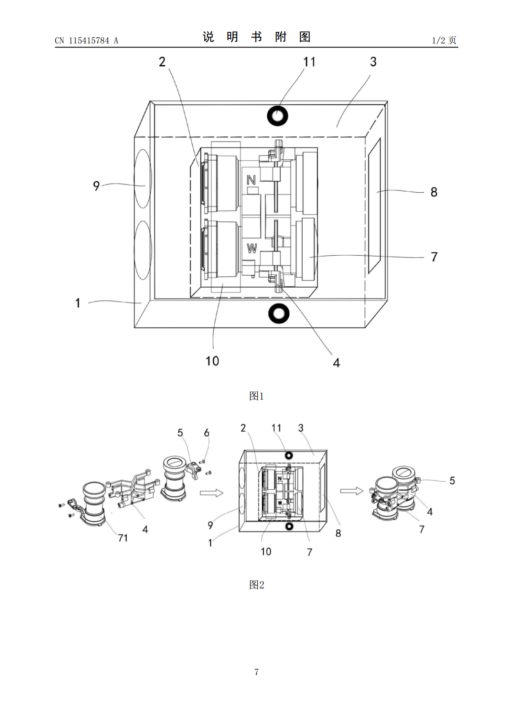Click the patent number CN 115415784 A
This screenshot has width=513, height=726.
[x=87, y=41]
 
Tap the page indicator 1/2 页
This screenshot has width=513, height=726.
[x=444, y=40]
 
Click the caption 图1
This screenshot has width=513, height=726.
[x=256, y=396]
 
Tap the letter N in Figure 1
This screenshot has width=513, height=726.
[x=251, y=179]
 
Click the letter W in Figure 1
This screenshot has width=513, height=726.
[x=252, y=248]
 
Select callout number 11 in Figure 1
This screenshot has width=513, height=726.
[x=309, y=62]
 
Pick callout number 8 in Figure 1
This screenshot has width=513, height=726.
[x=434, y=192]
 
